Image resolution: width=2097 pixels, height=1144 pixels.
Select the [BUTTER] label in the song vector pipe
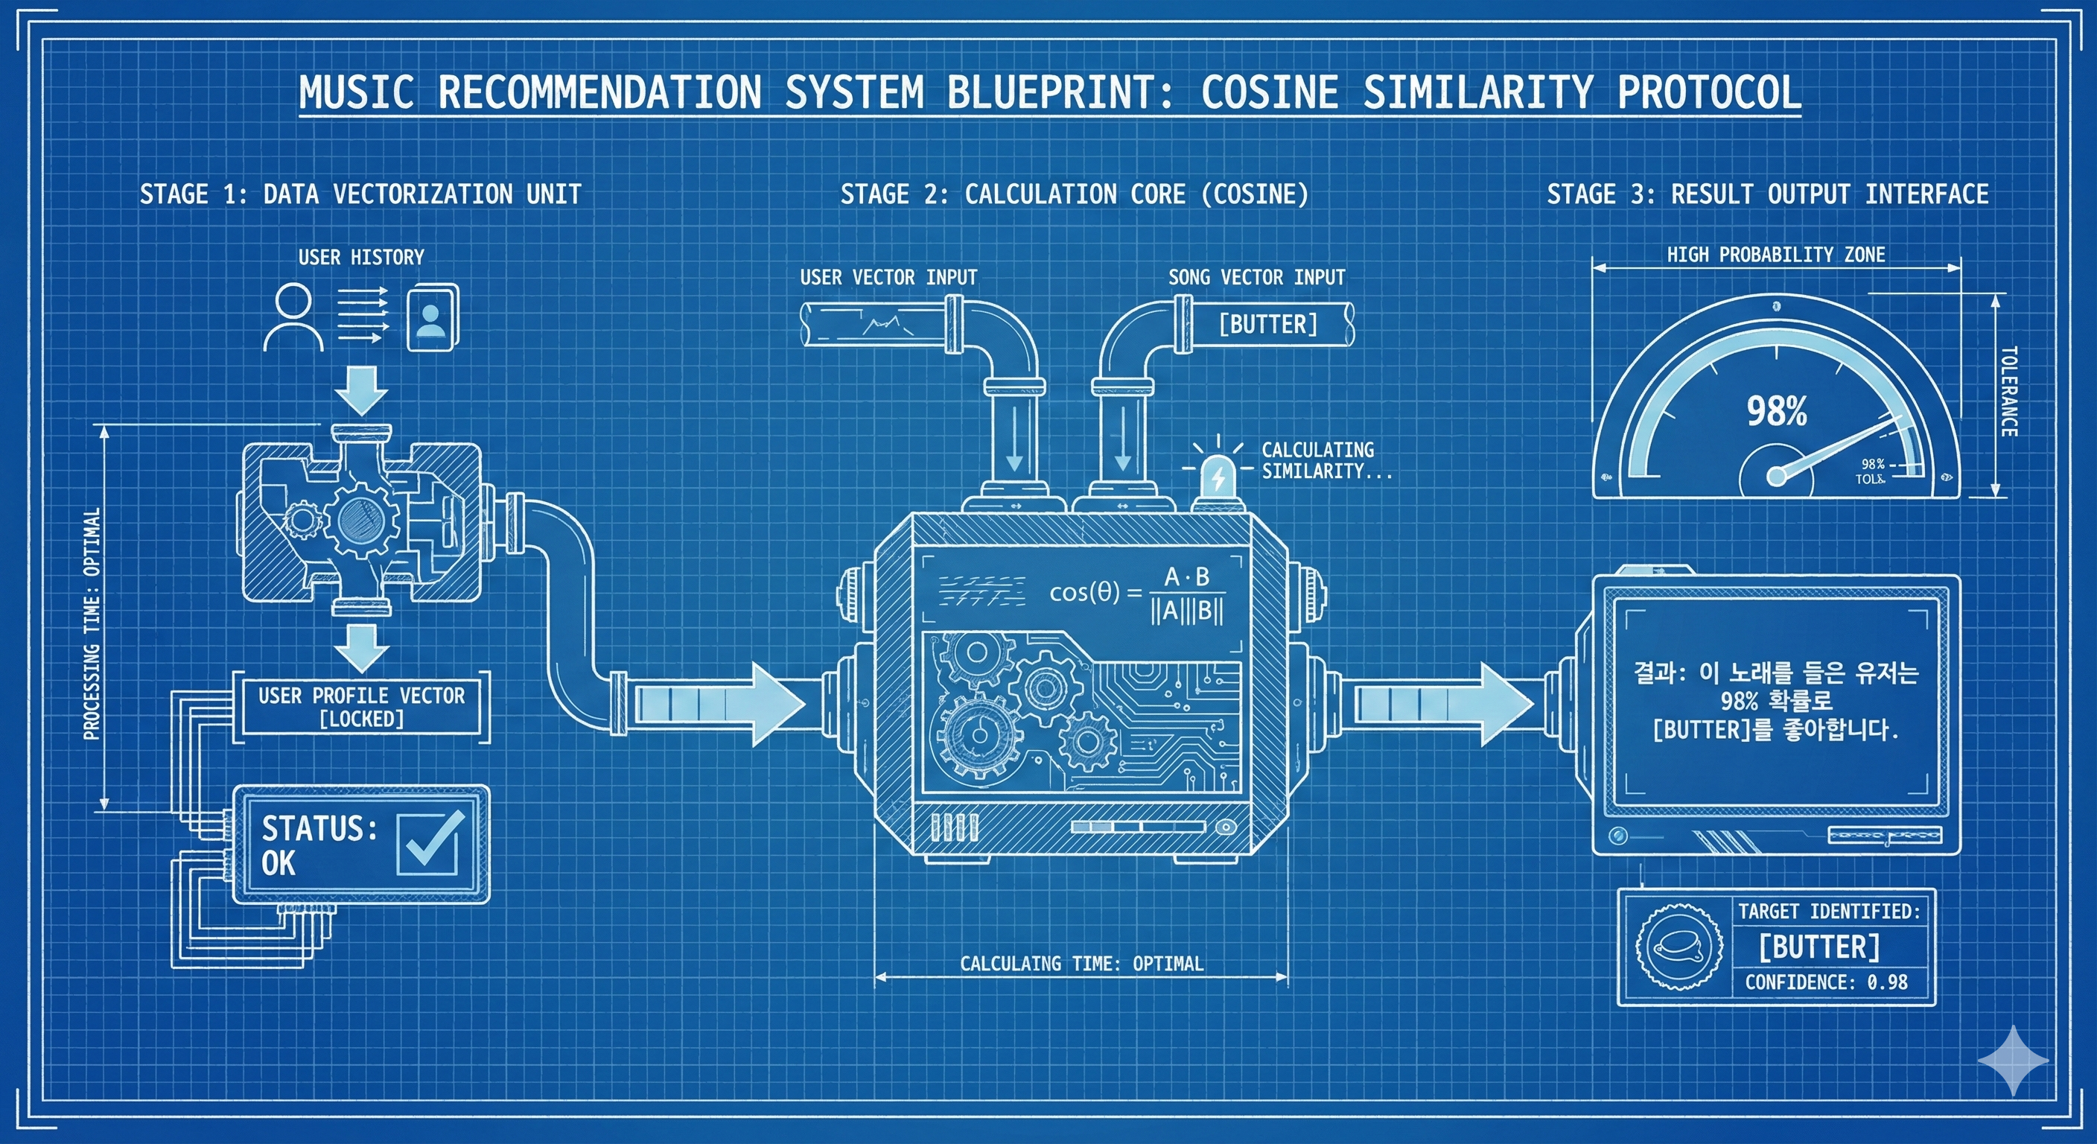(1267, 324)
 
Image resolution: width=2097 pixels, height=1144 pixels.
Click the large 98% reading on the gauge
(1776, 411)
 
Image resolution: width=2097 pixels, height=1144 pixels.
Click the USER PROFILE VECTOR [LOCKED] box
(361, 707)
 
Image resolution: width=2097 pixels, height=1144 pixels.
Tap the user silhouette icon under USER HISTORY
(293, 317)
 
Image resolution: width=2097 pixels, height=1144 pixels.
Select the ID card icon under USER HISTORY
(431, 317)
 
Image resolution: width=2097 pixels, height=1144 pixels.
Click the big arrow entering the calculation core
(716, 704)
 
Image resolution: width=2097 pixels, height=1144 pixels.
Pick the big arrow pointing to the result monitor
(1441, 704)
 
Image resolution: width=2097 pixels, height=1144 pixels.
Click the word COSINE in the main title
(1269, 92)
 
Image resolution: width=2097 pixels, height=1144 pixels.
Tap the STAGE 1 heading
(360, 194)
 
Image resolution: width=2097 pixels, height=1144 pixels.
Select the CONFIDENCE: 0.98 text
(1826, 982)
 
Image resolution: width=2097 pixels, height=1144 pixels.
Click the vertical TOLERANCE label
(2009, 392)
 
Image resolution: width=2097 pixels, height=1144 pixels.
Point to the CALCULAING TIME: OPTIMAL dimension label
(1081, 964)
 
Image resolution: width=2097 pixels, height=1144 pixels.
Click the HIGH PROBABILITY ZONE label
(1775, 255)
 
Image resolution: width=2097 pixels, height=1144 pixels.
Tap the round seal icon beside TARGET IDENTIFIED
(1679, 947)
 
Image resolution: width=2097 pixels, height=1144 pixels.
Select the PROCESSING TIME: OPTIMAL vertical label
(92, 623)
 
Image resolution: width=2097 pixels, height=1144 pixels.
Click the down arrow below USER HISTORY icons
(361, 391)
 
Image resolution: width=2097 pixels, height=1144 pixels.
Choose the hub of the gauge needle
(1776, 474)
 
